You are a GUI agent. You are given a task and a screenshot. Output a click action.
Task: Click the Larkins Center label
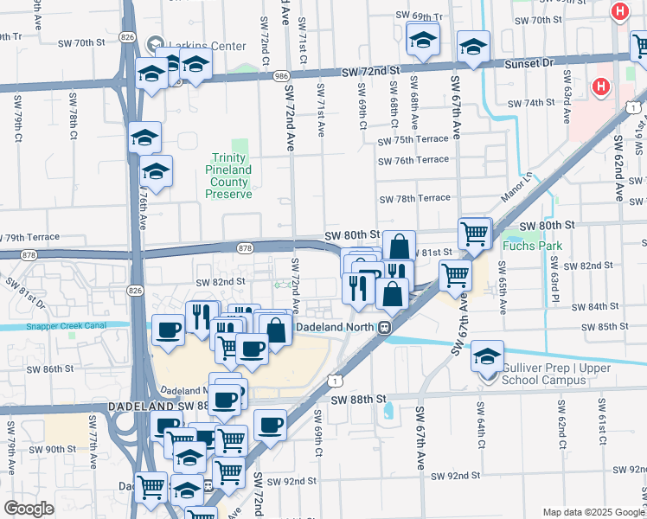(197, 42)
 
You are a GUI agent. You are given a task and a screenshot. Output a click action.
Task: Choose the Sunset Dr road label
(530, 63)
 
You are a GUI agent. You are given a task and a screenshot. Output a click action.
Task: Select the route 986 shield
(281, 76)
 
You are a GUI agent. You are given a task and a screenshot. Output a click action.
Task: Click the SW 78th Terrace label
(413, 198)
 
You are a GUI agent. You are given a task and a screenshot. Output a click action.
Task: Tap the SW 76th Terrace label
(413, 160)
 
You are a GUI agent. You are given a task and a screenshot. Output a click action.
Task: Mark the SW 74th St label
(530, 103)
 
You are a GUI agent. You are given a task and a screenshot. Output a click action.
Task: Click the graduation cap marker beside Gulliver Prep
(487, 356)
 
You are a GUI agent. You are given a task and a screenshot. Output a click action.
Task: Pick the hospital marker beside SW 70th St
(619, 12)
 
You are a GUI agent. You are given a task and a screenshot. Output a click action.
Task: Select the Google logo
(29, 509)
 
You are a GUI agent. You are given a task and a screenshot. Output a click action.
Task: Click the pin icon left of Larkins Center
(156, 42)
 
